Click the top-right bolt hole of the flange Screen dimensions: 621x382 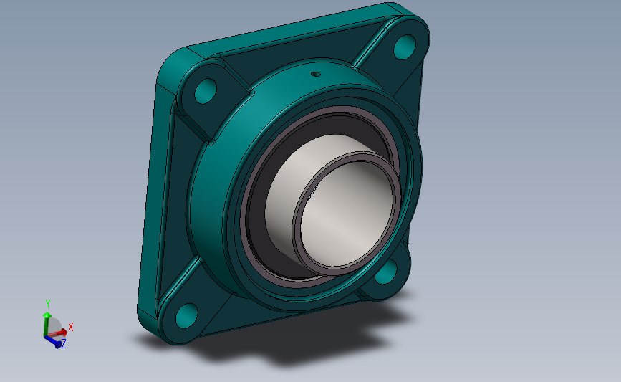(405, 47)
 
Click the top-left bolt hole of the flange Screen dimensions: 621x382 (206, 91)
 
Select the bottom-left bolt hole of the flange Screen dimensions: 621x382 (186, 315)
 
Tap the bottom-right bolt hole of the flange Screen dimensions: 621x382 (386, 272)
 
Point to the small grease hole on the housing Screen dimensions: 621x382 (316, 73)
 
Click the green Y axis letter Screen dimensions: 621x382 (48, 304)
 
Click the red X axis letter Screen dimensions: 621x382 (71, 327)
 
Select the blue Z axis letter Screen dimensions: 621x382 (63, 343)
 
